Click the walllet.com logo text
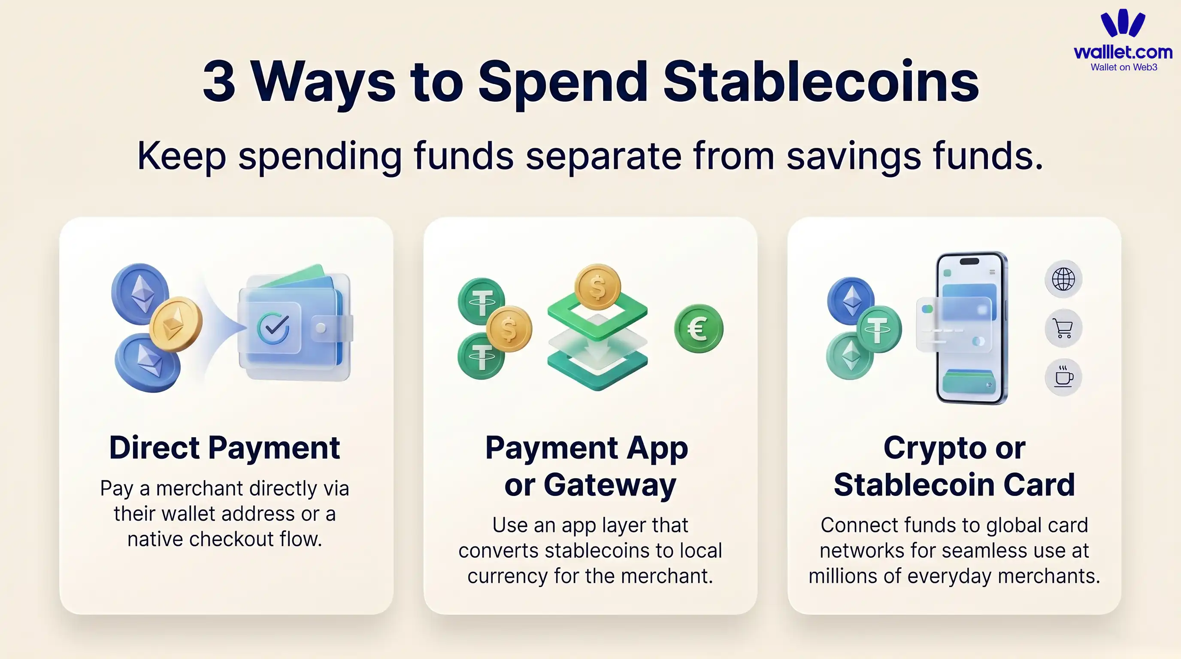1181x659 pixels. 1123,52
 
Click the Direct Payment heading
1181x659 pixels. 224,448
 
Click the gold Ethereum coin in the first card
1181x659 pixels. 176,323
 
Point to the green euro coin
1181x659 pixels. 698,328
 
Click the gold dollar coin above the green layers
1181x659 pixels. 597,287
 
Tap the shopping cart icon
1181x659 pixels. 1063,328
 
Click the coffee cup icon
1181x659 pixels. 1063,377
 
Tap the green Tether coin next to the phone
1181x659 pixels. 878,329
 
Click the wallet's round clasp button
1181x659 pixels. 321,328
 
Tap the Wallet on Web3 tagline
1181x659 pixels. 1123,67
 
